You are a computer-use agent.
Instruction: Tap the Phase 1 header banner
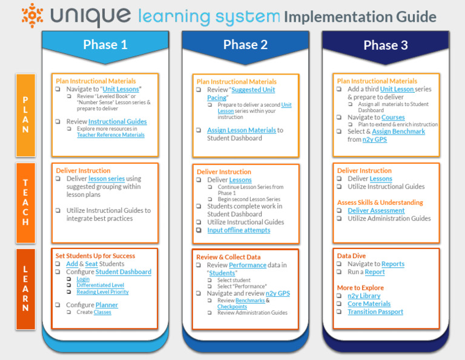pyautogui.click(x=105, y=44)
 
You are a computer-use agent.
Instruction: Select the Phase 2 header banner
pyautogui.click(x=245, y=44)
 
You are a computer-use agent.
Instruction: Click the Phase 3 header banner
pyautogui.click(x=385, y=44)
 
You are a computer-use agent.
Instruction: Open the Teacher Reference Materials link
pyautogui.click(x=111, y=135)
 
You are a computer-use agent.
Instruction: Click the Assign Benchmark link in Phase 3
pyautogui.click(x=398, y=132)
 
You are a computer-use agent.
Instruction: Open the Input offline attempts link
pyautogui.click(x=239, y=230)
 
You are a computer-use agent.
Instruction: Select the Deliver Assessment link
pyautogui.click(x=376, y=210)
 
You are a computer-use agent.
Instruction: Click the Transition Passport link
pyautogui.click(x=375, y=312)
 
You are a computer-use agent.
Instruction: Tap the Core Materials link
pyautogui.click(x=369, y=304)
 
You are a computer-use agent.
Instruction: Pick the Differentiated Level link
pyautogui.click(x=101, y=285)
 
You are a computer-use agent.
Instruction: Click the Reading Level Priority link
pyautogui.click(x=102, y=292)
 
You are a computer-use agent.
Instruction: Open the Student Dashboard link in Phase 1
pyautogui.click(x=124, y=272)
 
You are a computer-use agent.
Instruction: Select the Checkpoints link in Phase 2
pyautogui.click(x=232, y=307)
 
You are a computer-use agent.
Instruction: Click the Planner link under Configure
pyautogui.click(x=107, y=305)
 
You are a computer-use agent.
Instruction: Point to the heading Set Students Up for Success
pyautogui.click(x=95, y=256)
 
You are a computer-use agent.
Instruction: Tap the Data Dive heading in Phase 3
pyautogui.click(x=351, y=256)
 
